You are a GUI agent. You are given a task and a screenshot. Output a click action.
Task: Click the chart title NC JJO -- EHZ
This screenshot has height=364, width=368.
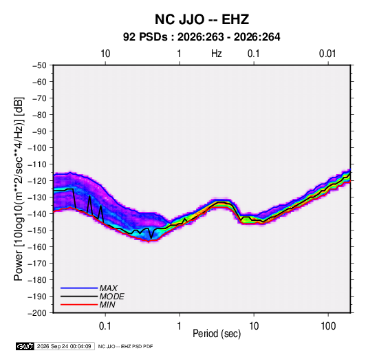point(202,19)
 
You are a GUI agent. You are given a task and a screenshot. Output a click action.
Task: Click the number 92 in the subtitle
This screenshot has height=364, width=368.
point(129,37)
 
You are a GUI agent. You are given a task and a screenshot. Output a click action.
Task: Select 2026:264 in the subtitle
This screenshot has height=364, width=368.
point(257,37)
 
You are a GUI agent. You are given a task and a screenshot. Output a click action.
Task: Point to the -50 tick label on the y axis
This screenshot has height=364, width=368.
point(39,65)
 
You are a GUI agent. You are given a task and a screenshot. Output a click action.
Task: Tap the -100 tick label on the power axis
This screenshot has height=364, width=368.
point(37,148)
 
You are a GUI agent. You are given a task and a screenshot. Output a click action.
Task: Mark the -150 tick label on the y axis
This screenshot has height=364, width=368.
point(37,231)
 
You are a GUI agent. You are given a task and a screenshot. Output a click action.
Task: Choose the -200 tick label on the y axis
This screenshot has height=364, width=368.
point(37,313)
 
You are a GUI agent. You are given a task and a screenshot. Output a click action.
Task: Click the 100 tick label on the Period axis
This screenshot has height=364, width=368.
point(328,326)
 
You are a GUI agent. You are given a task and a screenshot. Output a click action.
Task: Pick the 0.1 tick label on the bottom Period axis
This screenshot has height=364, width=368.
point(105,326)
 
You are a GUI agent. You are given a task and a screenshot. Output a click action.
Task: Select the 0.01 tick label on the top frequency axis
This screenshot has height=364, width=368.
point(327,54)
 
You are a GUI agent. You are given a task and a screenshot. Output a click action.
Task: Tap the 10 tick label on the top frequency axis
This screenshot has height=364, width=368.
point(105,54)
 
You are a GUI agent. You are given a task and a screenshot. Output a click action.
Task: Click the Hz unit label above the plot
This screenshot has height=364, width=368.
point(217,54)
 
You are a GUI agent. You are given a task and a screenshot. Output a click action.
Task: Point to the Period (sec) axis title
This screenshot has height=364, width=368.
point(217,334)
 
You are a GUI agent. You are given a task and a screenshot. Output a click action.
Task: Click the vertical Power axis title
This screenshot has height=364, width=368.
point(19,189)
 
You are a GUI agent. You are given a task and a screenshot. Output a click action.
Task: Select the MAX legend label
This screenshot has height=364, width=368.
point(109,288)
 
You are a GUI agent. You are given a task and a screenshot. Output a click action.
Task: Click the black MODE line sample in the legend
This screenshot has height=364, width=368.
point(79,297)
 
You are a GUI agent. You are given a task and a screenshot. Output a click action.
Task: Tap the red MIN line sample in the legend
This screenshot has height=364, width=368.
point(79,305)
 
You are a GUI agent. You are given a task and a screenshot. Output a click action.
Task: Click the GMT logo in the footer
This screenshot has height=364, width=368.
point(25,346)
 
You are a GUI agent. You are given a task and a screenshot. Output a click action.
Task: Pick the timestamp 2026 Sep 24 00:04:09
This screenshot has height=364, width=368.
point(64,346)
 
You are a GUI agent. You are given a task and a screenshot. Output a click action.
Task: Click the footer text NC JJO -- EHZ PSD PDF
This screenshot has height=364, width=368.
point(125,347)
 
